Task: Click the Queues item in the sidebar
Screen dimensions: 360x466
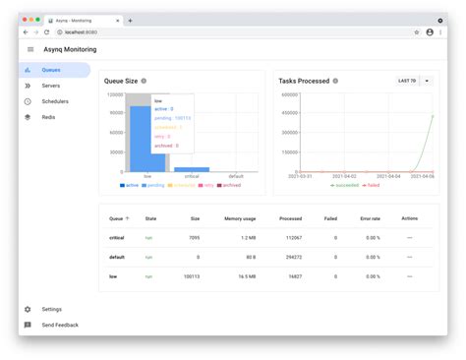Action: pyautogui.click(x=51, y=70)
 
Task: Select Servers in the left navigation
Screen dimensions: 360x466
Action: pyautogui.click(x=50, y=86)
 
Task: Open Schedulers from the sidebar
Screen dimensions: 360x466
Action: pyautogui.click(x=55, y=101)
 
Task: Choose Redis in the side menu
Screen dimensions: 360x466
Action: pyautogui.click(x=48, y=117)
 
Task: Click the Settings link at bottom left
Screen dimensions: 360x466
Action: pyautogui.click(x=51, y=309)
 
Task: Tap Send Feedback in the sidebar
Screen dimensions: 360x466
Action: pyautogui.click(x=59, y=325)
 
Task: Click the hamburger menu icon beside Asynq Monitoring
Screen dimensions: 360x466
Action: pyautogui.click(x=30, y=49)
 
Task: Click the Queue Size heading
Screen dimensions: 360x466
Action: pyautogui.click(x=121, y=81)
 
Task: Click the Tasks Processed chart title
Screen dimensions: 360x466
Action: pyautogui.click(x=303, y=81)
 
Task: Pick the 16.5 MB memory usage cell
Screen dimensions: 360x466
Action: pyautogui.click(x=247, y=278)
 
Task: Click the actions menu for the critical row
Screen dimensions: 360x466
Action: pyautogui.click(x=409, y=238)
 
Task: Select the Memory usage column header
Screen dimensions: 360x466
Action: pyautogui.click(x=240, y=218)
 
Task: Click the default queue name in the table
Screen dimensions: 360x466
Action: pyautogui.click(x=118, y=258)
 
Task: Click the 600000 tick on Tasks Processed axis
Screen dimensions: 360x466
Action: pyautogui.click(x=289, y=95)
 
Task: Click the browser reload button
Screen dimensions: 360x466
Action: pyautogui.click(x=46, y=32)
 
